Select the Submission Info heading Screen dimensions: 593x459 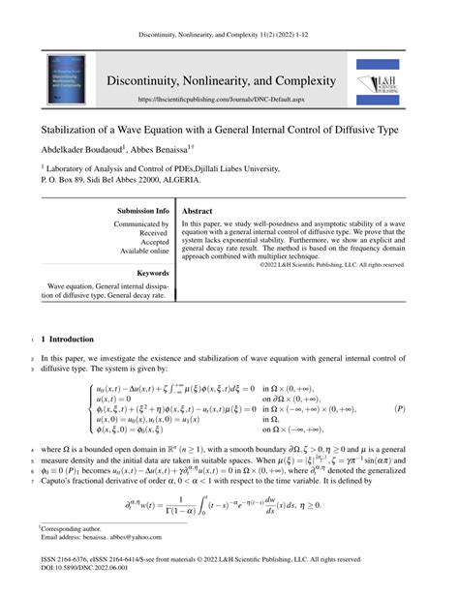[x=142, y=210]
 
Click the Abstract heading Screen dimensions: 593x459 [x=198, y=210]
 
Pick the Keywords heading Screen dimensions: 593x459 [x=154, y=274]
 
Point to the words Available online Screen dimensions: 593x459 [x=145, y=251]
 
